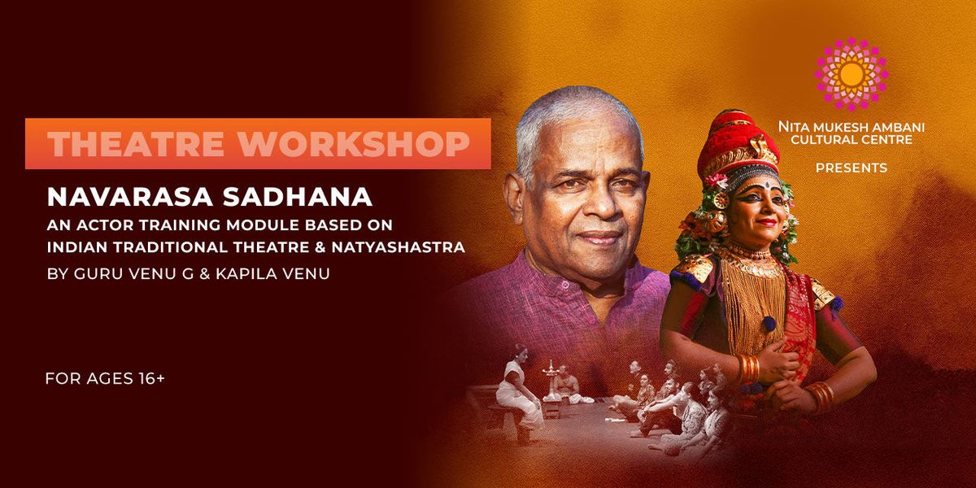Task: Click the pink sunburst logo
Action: pos(852,74)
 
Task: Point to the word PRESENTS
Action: pos(852,168)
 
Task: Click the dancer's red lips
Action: pos(765,222)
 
